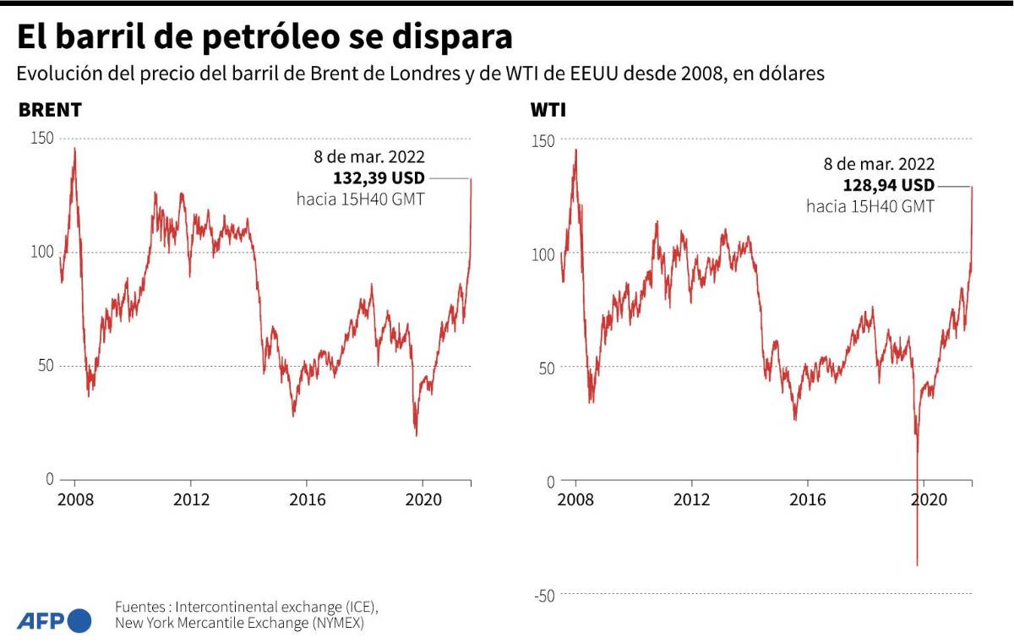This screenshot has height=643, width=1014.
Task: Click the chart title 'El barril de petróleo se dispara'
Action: (264, 38)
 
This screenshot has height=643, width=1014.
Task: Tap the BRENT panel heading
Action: (50, 111)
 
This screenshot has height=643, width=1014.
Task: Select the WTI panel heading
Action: (548, 111)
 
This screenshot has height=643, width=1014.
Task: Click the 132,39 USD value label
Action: (379, 178)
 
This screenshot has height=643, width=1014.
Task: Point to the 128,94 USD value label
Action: (889, 186)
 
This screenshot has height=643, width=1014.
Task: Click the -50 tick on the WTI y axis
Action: (544, 596)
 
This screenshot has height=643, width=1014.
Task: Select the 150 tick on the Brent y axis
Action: (41, 138)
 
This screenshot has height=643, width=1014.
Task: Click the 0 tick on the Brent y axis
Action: (49, 479)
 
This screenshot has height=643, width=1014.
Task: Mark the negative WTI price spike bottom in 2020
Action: (917, 564)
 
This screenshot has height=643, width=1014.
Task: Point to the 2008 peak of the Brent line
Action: (74, 149)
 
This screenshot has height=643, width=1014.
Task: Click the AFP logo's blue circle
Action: (79, 621)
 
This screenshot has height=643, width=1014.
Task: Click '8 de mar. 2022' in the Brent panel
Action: (368, 157)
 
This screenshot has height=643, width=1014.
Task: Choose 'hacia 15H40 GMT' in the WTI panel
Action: (870, 206)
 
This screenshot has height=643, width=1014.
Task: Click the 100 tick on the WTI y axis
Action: (542, 253)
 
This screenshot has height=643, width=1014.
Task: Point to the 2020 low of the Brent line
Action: (416, 435)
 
